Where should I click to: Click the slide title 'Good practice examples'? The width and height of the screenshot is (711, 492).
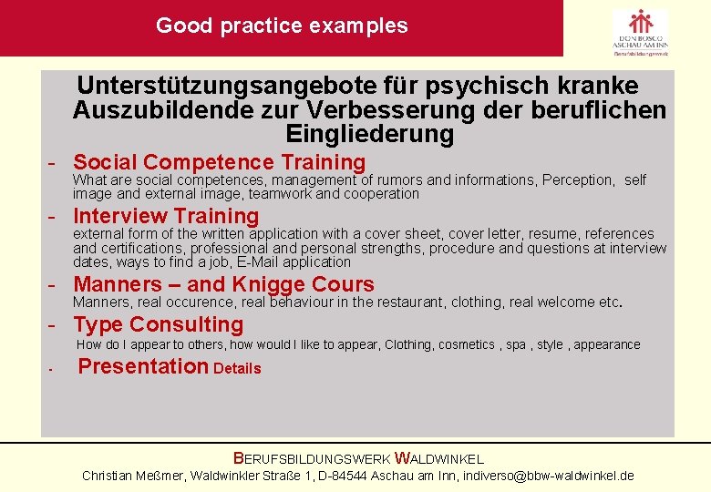pos(282,26)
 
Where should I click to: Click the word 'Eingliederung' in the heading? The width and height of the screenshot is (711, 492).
pos(369,135)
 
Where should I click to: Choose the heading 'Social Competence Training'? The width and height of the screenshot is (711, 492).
pos(219,163)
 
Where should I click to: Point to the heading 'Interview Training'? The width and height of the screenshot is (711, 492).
pos(166,217)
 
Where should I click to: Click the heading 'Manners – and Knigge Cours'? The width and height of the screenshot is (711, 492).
pos(223,284)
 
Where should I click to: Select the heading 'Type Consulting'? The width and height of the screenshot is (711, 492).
pos(159,324)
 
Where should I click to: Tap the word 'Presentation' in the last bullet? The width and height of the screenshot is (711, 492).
pos(143,367)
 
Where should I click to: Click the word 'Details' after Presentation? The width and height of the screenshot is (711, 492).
pos(237,369)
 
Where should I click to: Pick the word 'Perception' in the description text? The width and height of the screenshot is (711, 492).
pos(578,180)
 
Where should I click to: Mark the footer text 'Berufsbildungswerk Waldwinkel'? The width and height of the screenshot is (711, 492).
pos(358,459)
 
